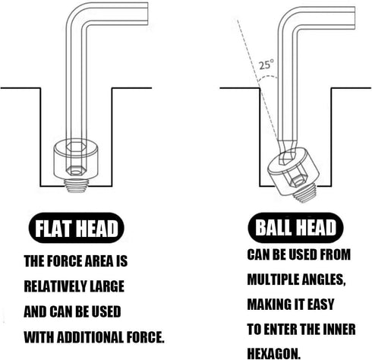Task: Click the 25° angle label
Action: click(x=266, y=65)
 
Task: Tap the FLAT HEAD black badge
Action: click(x=77, y=228)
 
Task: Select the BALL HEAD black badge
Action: click(x=295, y=228)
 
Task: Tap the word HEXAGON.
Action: click(x=273, y=353)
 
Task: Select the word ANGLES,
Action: click(x=324, y=279)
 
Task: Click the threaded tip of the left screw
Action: click(x=76, y=185)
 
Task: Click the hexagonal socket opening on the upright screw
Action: click(x=76, y=146)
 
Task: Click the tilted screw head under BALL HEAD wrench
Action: click(x=292, y=172)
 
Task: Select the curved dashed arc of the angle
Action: click(x=268, y=77)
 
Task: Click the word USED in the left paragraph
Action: click(x=106, y=311)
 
